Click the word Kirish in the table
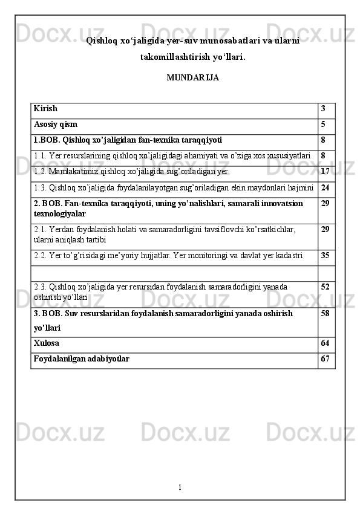[46, 109]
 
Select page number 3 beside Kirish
[324, 109]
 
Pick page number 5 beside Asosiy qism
[324, 125]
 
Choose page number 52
[326, 286]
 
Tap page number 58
[326, 314]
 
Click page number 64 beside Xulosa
[326, 343]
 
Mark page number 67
[326, 359]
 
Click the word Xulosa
[47, 343]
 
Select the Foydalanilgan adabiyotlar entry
[81, 359]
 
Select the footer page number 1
[180, 487]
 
